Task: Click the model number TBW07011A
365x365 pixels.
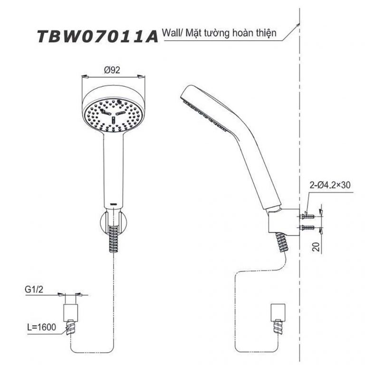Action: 97,37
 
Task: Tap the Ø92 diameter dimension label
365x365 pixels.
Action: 112,69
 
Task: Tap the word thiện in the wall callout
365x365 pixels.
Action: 267,34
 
